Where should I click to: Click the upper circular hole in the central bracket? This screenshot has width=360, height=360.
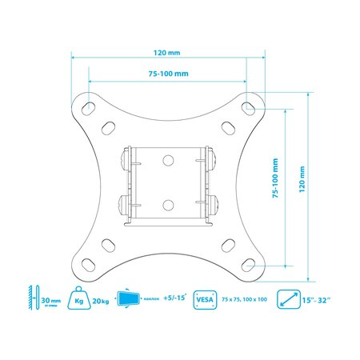point(168,159)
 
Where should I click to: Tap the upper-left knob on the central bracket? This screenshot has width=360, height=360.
point(123,160)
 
